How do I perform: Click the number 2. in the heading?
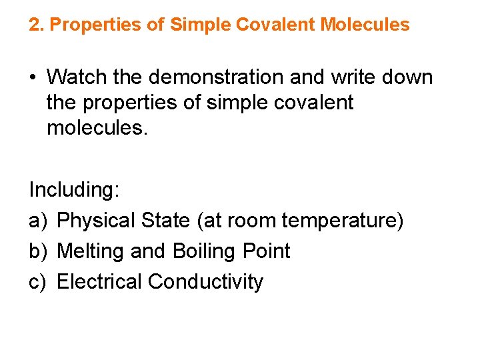coord(37,25)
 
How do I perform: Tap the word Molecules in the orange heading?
coord(365,25)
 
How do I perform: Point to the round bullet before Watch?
coord(33,77)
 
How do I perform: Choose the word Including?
coord(74,190)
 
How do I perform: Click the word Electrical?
coord(100,282)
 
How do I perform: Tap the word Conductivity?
coord(206,282)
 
